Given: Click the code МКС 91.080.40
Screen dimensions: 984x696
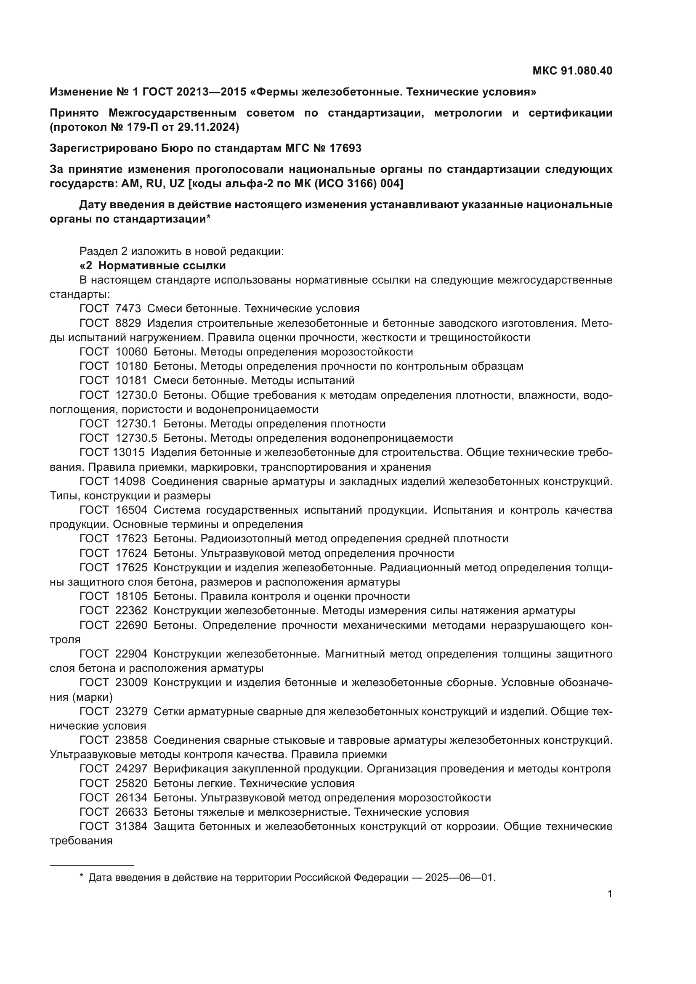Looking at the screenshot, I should point(572,71).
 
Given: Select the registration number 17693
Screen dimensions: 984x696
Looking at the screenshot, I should point(345,148).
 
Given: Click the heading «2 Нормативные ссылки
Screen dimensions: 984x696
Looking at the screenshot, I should point(153,266).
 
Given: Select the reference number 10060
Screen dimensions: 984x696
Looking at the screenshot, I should point(131,352).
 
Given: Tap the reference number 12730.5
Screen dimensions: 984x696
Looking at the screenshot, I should point(136,438).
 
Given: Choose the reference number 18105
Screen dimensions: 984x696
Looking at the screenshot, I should point(131,596).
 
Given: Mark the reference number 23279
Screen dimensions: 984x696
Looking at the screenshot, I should point(131,711).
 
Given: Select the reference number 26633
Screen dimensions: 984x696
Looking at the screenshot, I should point(131,812).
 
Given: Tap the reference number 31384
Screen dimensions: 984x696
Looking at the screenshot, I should point(131,826).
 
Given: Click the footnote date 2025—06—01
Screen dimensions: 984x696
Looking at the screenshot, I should point(460,878).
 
